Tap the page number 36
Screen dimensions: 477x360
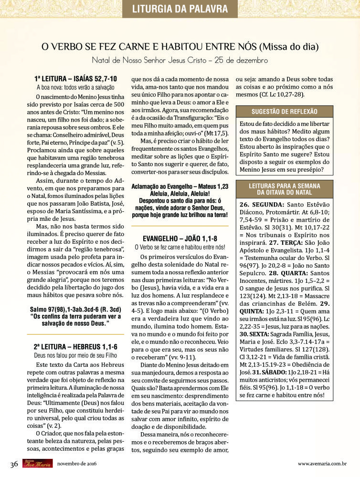click(x=14, y=464)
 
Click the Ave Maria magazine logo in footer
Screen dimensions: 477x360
click(x=36, y=464)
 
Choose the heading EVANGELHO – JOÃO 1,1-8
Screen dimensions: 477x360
click(x=180, y=238)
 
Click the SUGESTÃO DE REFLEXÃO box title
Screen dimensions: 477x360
click(x=290, y=111)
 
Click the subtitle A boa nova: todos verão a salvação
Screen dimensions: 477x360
click(x=75, y=87)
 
